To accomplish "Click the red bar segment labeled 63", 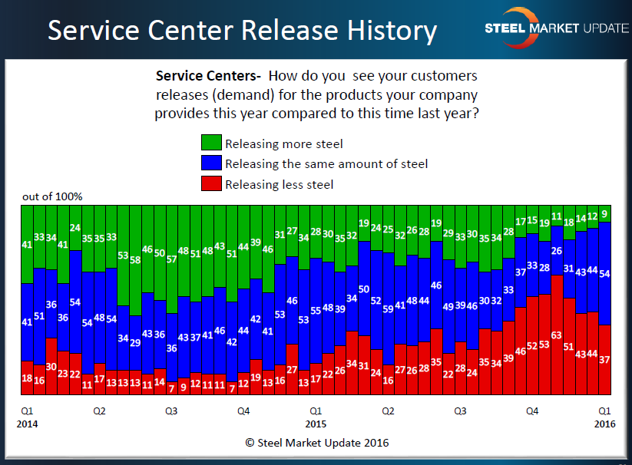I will [557, 335].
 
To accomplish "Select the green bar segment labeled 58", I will [135, 260].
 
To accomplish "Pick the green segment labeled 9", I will [605, 213].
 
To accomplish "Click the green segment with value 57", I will [172, 259].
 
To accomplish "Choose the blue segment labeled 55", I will [316, 310].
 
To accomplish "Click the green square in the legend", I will [210, 143].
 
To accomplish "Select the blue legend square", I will [210, 163].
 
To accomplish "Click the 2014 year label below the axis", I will [27, 424].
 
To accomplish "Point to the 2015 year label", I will [316, 424].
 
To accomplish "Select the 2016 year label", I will [605, 424].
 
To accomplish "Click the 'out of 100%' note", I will [52, 196].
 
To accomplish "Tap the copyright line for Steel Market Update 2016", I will [316, 443].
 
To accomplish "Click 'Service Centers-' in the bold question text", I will [208, 76].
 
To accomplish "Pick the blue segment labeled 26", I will [557, 249].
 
